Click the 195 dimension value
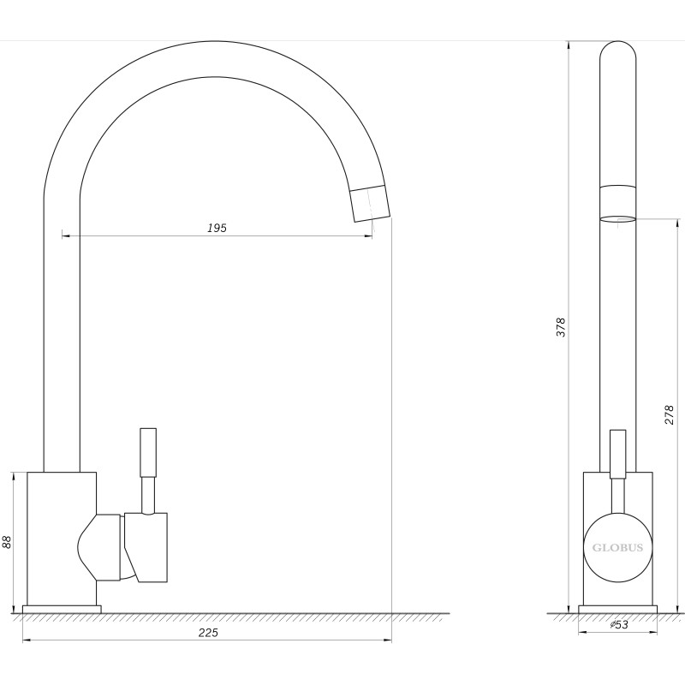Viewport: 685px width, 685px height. [x=217, y=228]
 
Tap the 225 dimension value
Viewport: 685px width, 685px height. [x=208, y=632]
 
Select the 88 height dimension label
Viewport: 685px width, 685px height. [x=7, y=542]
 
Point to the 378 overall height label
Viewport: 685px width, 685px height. [x=561, y=327]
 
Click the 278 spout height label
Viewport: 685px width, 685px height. [x=669, y=415]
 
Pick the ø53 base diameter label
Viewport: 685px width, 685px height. [x=619, y=625]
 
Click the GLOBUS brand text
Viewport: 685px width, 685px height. [x=617, y=548]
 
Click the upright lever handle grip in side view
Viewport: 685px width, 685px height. [x=617, y=454]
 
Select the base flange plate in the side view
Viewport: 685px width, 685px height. [x=617, y=610]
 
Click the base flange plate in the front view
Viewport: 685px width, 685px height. [x=62, y=610]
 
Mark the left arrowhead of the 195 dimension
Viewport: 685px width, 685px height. [x=66, y=236]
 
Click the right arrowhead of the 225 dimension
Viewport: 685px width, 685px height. [x=388, y=640]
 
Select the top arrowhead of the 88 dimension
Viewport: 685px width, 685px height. [x=14, y=476]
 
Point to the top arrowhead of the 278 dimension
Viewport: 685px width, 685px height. [x=676, y=222]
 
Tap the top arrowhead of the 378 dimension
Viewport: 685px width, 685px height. [x=569, y=45]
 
